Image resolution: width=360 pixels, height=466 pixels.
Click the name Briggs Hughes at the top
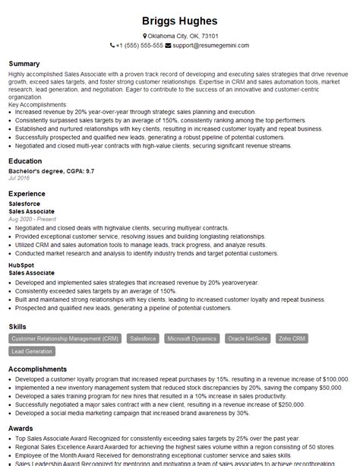tap(180, 21)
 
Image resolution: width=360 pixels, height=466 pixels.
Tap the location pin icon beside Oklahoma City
tap(145, 36)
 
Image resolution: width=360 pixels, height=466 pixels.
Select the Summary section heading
tap(24, 63)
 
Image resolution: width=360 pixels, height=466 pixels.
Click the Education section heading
tap(26, 161)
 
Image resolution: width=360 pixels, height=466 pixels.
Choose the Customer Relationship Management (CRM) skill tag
tap(65, 338)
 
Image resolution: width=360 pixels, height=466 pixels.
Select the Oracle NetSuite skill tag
tap(247, 338)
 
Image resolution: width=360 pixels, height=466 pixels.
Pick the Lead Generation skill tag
tap(33, 351)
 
